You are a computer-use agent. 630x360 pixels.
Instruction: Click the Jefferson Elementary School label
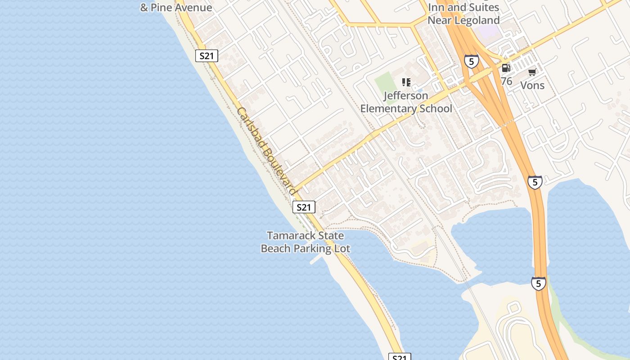tap(406, 102)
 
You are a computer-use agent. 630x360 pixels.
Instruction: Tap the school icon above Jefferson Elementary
tap(406, 82)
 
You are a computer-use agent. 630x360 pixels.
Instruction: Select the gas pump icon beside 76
tap(506, 68)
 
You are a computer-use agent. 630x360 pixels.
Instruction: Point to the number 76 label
tap(506, 81)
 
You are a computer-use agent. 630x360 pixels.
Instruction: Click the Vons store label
tap(532, 85)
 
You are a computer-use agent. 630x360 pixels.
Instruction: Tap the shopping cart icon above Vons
tap(532, 72)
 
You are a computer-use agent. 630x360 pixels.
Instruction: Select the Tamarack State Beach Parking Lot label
tap(306, 242)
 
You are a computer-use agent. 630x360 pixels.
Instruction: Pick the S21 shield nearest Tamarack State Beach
tap(304, 207)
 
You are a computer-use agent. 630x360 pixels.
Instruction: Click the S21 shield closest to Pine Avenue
tap(207, 56)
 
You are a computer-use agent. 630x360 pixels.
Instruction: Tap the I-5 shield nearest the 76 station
tap(471, 61)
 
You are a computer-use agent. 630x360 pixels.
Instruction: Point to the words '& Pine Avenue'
tap(176, 8)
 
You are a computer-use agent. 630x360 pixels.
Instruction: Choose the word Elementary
tap(388, 108)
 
